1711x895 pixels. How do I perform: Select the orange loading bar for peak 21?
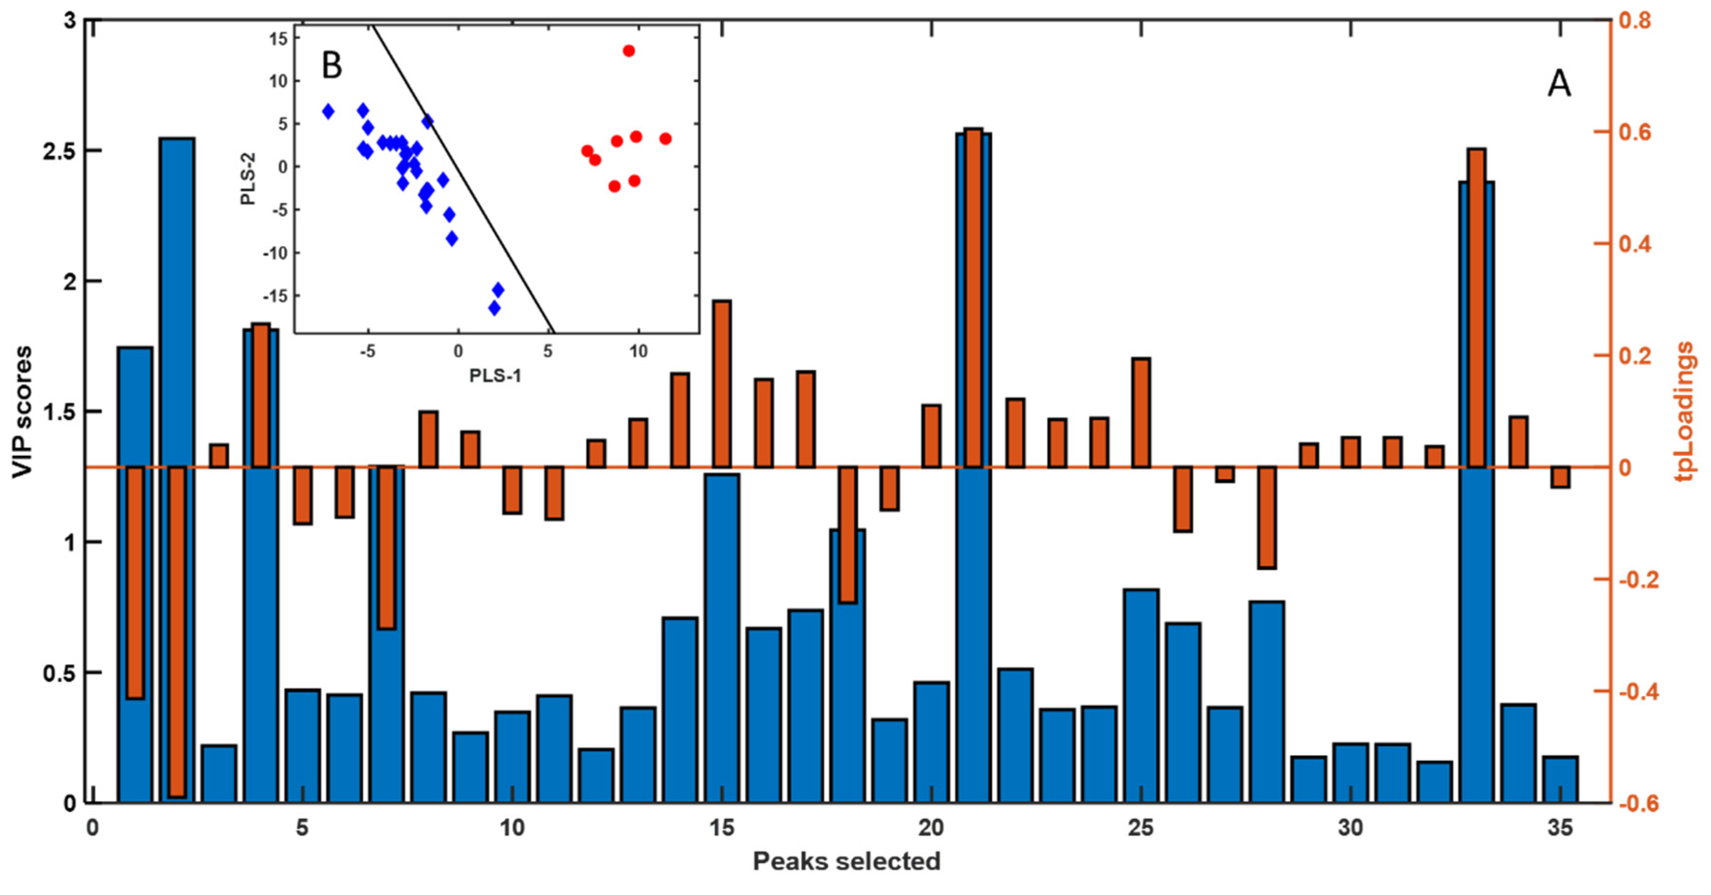973,299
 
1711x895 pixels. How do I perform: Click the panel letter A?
1559,84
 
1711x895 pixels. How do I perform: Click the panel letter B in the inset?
331,66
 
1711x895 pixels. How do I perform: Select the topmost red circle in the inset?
628,51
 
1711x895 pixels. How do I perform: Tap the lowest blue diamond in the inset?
493,308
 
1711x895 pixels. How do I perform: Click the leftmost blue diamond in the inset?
328,111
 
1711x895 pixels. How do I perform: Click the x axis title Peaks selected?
846,861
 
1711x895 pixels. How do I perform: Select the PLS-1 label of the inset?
495,376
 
